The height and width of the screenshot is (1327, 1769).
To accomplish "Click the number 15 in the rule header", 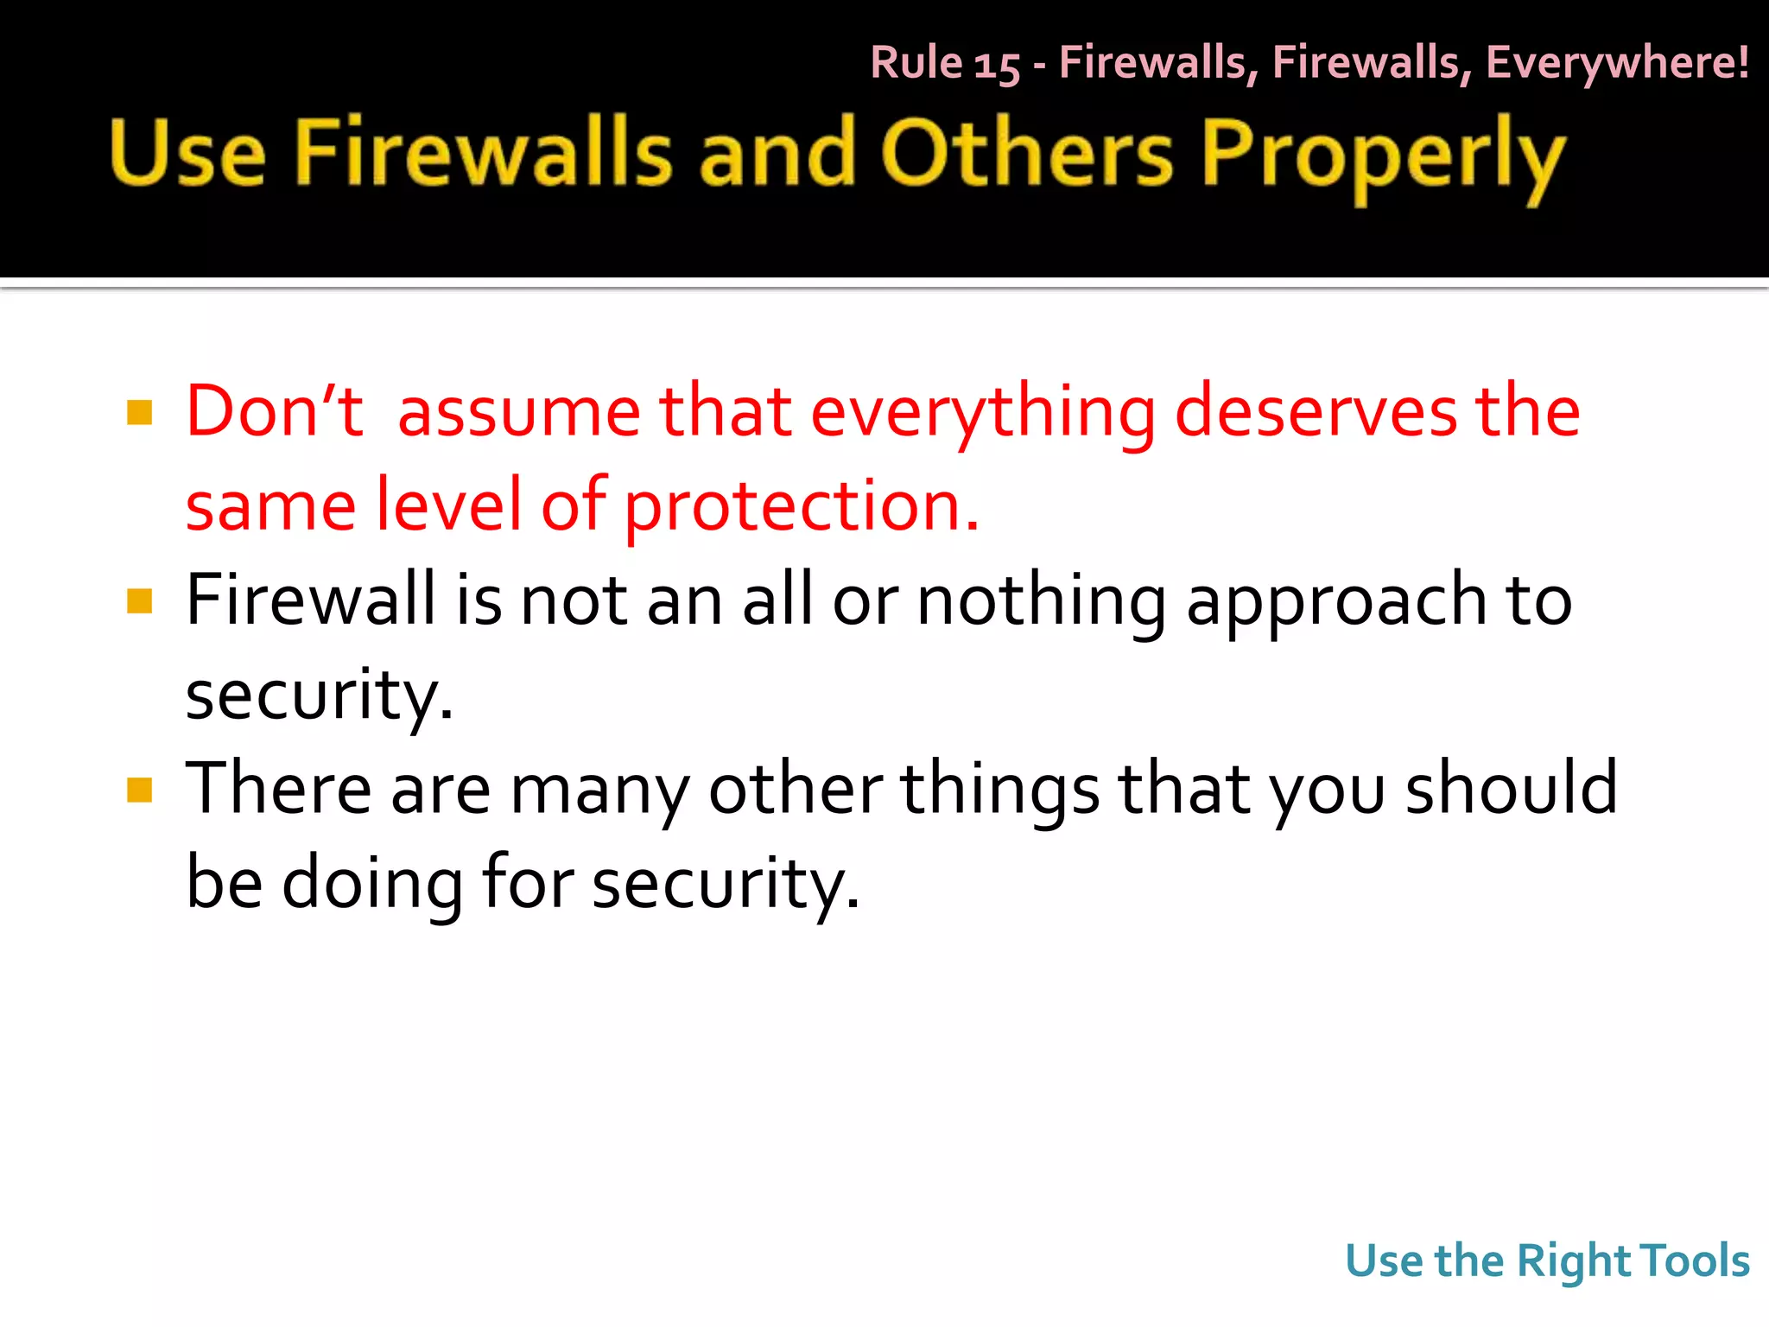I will coord(997,65).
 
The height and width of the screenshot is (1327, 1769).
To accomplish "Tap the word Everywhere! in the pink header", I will coord(1617,63).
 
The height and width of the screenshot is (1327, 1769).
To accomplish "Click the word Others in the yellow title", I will coord(1027,154).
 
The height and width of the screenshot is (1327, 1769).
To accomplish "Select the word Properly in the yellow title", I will coord(1382,157).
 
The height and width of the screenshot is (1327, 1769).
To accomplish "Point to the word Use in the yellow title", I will coord(187,154).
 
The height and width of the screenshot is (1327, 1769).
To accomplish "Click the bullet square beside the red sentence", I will coord(139,413).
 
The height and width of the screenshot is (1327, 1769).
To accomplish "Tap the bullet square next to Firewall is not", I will coord(139,601).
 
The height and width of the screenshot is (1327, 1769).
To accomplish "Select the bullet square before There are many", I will coord(139,790).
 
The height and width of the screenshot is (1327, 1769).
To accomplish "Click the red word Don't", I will coord(275,411).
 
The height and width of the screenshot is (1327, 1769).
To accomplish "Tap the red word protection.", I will coord(802,507).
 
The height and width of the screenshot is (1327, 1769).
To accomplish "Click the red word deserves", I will coord(1315,411).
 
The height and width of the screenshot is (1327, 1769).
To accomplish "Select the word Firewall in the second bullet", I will coord(311,600).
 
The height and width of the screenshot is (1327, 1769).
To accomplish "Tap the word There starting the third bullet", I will coord(278,788).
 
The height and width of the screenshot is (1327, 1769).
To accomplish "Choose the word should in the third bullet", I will coord(1511,788).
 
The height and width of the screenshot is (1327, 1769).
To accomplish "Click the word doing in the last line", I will coord(372,883).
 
